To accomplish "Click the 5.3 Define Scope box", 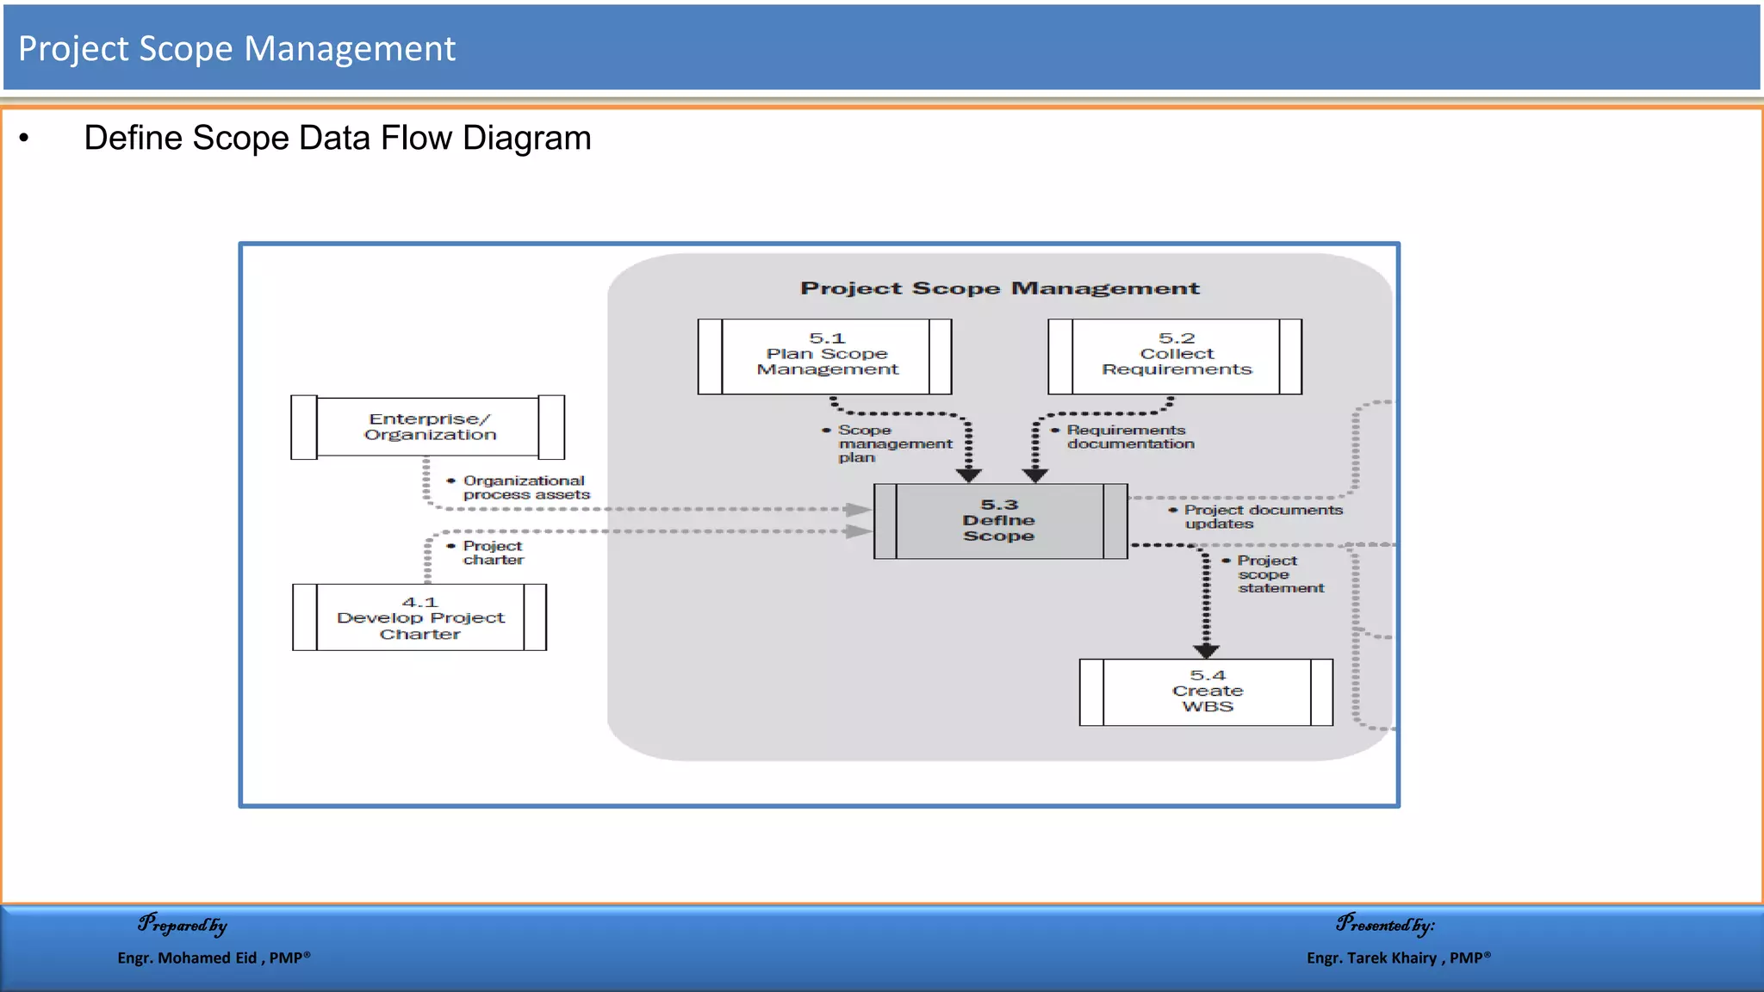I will [1000, 521].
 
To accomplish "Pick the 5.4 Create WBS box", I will [1206, 691].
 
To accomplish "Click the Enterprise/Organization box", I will [428, 427].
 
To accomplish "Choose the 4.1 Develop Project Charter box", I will [419, 617].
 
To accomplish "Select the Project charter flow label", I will [492, 553].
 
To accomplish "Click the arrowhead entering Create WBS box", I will [1206, 651].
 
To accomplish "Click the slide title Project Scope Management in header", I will [237, 49].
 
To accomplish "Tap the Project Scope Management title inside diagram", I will [999, 288].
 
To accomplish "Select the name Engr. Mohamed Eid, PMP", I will [214, 958].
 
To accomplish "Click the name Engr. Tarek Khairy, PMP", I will [1398, 958].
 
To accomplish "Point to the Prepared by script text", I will [183, 925].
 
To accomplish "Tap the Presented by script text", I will [1385, 925].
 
